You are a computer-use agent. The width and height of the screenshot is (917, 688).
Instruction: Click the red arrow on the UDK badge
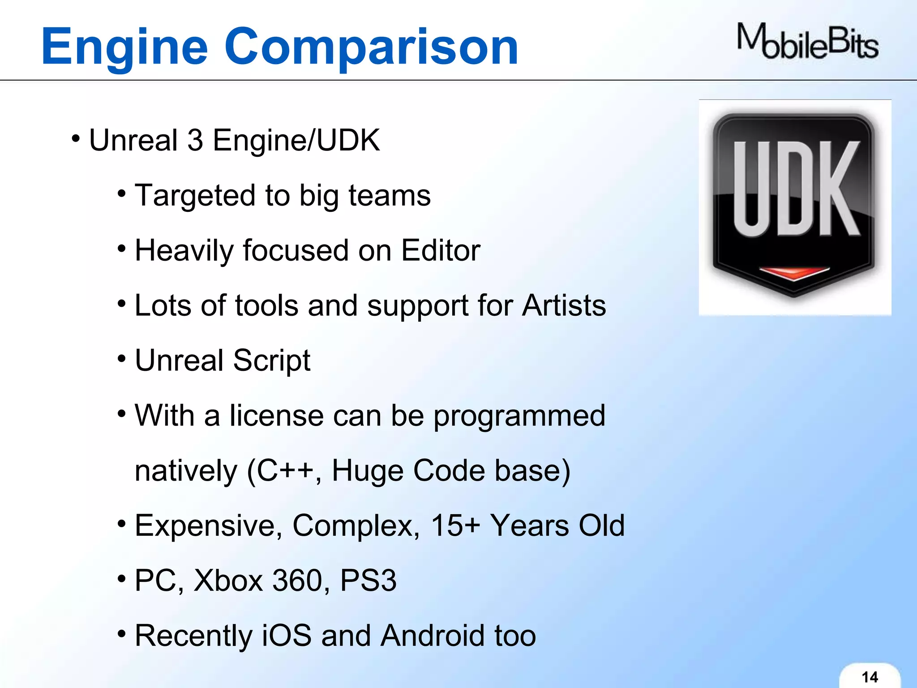point(794,273)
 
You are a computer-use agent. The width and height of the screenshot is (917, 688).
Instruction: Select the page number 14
point(870,677)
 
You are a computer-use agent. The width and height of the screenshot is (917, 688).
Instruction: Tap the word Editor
point(440,250)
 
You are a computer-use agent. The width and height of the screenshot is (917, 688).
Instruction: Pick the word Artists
point(564,306)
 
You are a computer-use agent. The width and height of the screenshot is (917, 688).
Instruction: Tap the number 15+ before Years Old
point(455,526)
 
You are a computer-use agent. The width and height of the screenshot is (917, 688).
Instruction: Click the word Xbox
point(228,581)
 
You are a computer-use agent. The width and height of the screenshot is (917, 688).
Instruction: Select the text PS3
point(368,581)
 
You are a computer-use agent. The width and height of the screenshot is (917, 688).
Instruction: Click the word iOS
point(286,636)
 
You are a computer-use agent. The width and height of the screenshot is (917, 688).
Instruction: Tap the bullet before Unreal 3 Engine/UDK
point(75,138)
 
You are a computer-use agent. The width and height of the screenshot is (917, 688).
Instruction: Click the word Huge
point(367,471)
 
